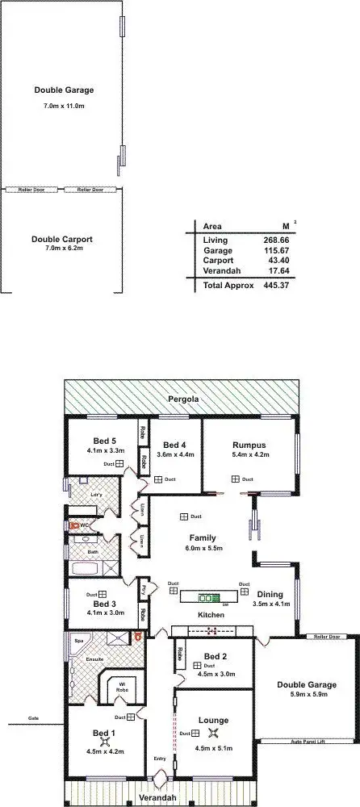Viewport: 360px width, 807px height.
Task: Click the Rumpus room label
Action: click(x=249, y=445)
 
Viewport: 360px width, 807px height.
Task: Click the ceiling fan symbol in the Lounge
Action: click(x=214, y=733)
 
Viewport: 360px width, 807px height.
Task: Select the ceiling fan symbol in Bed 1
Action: click(x=104, y=741)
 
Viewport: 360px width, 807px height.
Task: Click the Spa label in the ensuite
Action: click(x=78, y=640)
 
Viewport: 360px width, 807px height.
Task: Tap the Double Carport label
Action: click(x=62, y=239)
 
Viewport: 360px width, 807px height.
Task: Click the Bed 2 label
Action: click(x=215, y=655)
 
